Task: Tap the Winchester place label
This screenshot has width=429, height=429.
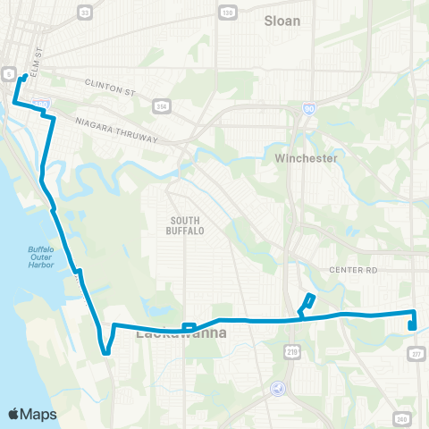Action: coord(307,158)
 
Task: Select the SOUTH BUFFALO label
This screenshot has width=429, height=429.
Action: coord(185,224)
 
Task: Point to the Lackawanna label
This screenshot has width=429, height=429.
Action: coord(181,333)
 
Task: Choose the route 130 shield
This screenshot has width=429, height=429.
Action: coord(228,12)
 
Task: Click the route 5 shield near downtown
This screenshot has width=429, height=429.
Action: coord(8,72)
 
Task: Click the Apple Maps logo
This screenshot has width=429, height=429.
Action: coord(32,413)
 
